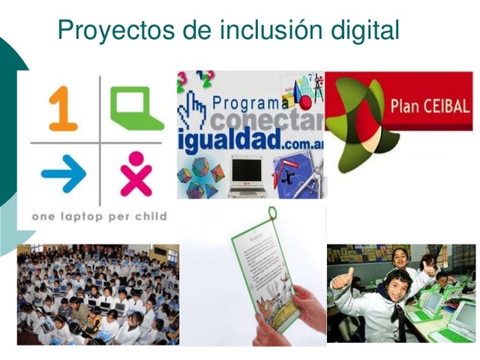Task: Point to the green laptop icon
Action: pos(136,107)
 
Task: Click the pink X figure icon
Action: pos(136,174)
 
